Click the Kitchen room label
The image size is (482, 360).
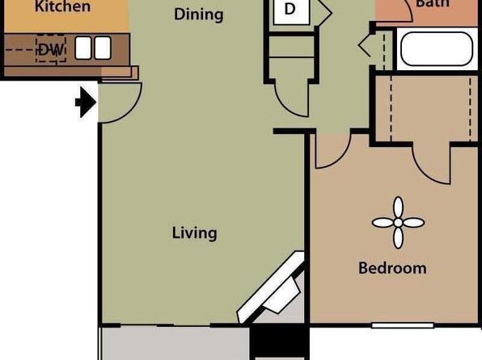pos(62,6)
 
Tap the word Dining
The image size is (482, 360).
pos(199,15)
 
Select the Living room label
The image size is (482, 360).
pos(195,233)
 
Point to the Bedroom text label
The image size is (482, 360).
pos(392,268)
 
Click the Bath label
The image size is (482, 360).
pos(432,4)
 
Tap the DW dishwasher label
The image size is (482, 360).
pos(51,50)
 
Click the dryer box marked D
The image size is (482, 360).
pos(291,11)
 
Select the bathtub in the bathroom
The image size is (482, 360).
pos(437,49)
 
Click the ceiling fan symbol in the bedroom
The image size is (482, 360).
pos(398,223)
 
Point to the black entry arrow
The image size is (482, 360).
pos(86,103)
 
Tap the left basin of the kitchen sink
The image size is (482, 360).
pos(83,48)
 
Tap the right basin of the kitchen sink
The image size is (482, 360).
pos(103,48)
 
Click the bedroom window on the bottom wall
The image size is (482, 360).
pos(403,325)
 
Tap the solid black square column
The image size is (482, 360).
pos(279,341)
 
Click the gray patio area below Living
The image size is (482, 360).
pos(175,343)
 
